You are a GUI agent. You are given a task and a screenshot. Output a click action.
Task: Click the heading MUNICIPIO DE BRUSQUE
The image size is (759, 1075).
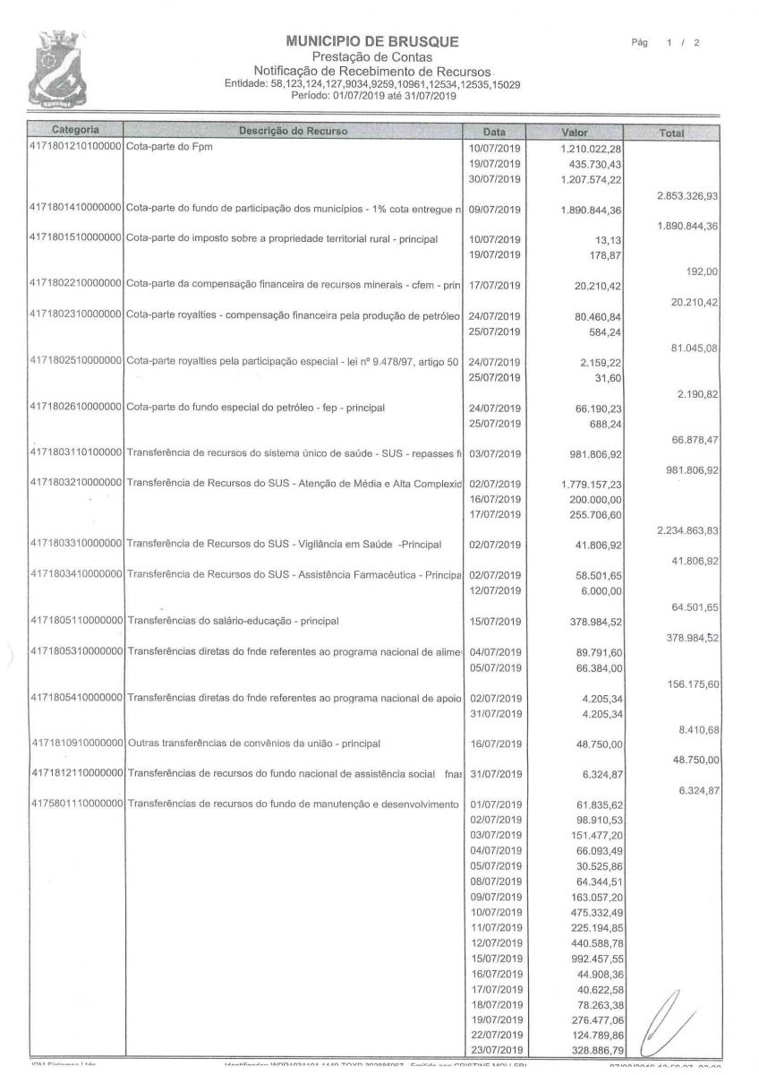372,41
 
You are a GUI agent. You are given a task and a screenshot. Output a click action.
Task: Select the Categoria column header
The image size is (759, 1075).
75,131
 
